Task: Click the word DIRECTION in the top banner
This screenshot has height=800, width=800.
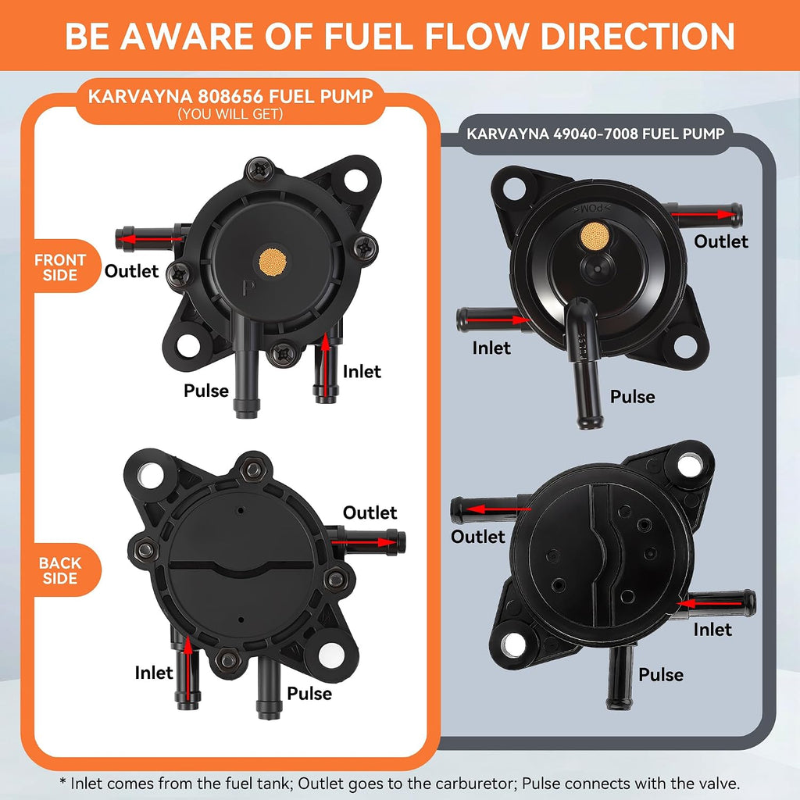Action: pos(637,36)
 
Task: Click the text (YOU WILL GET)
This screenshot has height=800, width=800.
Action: pos(230,114)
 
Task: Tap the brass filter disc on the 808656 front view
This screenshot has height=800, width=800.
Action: pos(273,262)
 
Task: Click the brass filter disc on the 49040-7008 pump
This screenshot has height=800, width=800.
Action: pos(595,236)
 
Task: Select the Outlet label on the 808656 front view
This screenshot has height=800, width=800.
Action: pos(131,271)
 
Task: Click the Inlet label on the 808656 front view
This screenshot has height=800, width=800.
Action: pos(362,371)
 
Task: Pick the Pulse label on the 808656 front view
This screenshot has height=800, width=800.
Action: pos(206,391)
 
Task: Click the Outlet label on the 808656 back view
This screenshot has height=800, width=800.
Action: pos(370,512)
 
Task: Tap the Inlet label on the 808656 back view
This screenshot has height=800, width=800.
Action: pos(154,673)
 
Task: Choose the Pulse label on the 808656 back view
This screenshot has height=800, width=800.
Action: pos(309,694)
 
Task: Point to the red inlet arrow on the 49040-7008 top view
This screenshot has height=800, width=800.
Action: pos(498,320)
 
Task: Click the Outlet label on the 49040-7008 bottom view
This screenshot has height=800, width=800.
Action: pos(478,536)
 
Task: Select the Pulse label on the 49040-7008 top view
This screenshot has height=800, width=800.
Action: pos(633,396)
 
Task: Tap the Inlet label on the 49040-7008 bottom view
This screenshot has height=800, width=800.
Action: pos(712,630)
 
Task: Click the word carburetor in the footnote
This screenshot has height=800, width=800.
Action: pos(477,783)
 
